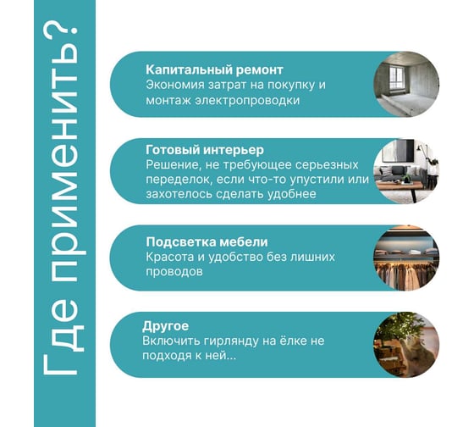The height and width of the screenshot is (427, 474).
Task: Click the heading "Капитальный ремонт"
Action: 214,70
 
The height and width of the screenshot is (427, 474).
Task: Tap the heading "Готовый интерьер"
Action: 205,150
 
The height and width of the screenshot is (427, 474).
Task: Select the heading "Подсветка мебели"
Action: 207,242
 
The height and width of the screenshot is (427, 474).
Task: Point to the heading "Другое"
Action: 165,326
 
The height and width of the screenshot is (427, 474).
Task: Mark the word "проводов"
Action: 174,272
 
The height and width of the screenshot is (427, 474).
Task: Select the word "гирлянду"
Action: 230,341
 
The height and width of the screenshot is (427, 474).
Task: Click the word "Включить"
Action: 170,341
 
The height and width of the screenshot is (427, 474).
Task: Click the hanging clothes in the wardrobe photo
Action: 405,274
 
